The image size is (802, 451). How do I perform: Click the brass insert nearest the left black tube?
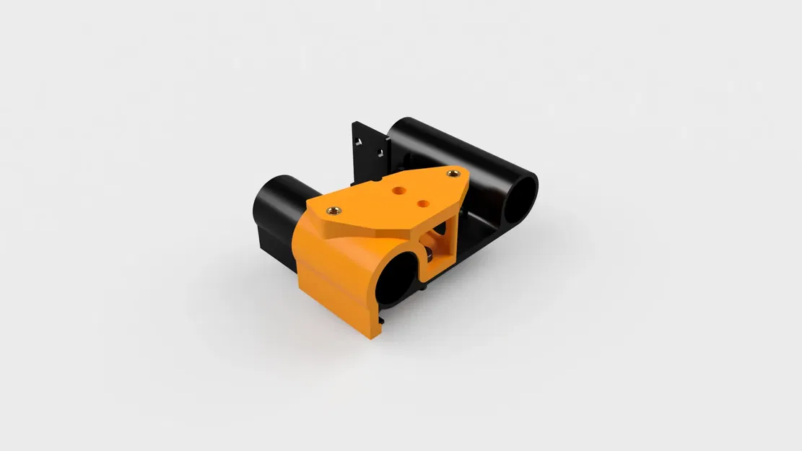pos(334,210)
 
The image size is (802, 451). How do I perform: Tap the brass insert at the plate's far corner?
pos(453,172)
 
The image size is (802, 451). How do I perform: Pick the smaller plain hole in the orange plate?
pos(422,203)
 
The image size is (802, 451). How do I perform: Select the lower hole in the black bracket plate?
pos(375,152)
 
